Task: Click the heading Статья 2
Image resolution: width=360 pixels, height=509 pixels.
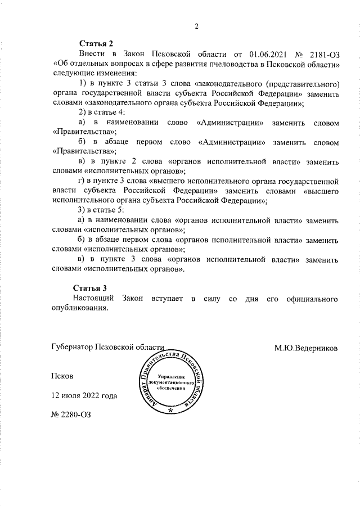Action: click(96, 43)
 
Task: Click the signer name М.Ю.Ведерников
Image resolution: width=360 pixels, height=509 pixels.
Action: click(307, 348)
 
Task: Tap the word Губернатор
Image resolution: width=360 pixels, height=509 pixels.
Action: click(71, 348)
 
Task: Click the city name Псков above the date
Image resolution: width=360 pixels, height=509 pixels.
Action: click(62, 375)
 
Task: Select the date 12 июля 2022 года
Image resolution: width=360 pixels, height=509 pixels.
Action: click(84, 395)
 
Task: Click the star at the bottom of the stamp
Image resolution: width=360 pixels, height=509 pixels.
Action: click(170, 412)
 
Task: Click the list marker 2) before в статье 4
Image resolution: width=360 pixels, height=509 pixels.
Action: click(82, 113)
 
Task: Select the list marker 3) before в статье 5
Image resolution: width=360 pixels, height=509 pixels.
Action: click(82, 210)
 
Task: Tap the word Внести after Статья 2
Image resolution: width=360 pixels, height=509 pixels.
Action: click(91, 55)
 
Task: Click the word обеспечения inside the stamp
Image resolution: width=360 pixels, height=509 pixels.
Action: click(172, 388)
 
